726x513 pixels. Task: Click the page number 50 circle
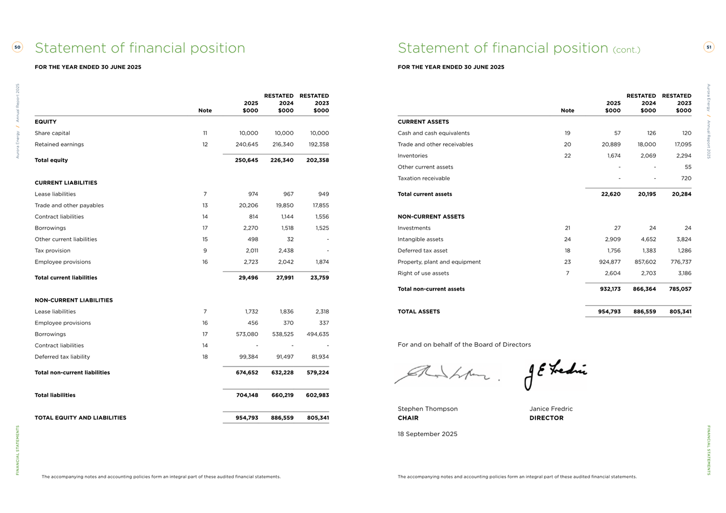[18, 48]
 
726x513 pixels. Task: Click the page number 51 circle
[708, 48]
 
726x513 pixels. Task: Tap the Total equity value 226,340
[282, 160]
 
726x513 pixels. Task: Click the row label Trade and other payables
[69, 205]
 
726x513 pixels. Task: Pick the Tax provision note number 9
[205, 251]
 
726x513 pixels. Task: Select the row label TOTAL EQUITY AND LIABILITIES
[80, 418]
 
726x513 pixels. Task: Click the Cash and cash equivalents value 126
[651, 133]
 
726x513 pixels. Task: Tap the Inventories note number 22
[567, 156]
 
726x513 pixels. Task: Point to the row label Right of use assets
[423, 273]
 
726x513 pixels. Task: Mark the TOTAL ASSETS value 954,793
[609, 312]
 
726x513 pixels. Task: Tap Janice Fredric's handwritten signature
[556, 373]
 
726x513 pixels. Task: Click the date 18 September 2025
[427, 434]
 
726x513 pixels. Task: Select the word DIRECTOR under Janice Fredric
[546, 418]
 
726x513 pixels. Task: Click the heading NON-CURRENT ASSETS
[431, 217]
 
